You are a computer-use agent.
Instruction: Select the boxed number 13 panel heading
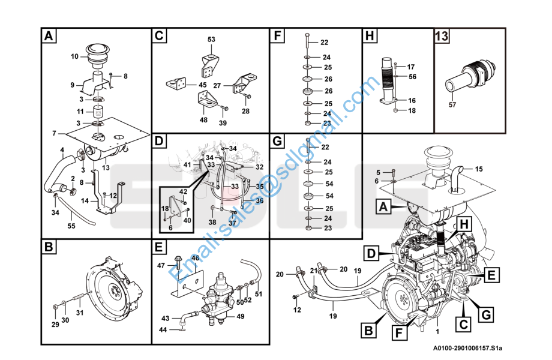coord(442,37)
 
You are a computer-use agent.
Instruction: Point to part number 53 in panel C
coord(211,40)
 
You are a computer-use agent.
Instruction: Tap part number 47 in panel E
coord(161,265)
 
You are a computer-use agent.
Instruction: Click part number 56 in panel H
coord(412,76)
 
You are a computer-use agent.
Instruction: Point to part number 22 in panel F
coord(325,42)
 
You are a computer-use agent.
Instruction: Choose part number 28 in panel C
coord(245,111)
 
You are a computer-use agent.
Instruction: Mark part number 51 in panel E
coord(259,295)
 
